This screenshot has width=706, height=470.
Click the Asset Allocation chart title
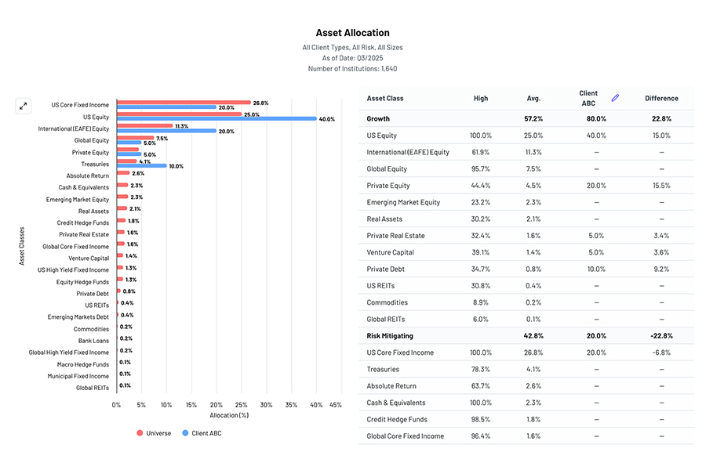point(352,33)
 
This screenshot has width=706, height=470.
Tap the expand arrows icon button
point(24,106)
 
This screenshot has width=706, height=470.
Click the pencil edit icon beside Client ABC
point(615,98)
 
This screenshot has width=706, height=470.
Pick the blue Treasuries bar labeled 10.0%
point(141,166)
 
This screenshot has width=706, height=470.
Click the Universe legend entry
point(156,433)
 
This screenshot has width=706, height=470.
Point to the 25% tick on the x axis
point(241,405)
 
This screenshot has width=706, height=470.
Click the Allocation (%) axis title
point(229,415)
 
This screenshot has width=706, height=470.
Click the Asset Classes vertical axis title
point(22,246)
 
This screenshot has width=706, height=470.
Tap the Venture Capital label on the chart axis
point(89,258)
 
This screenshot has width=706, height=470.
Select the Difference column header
point(661,99)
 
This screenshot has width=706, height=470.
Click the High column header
point(481,99)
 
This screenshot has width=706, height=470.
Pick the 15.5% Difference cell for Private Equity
point(661,186)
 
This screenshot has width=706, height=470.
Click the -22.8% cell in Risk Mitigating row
point(661,335)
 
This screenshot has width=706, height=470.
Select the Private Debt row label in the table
point(385,269)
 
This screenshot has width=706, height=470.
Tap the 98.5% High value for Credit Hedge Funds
point(481,419)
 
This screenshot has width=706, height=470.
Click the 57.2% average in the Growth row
point(533,118)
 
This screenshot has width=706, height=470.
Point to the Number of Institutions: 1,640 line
point(352,69)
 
